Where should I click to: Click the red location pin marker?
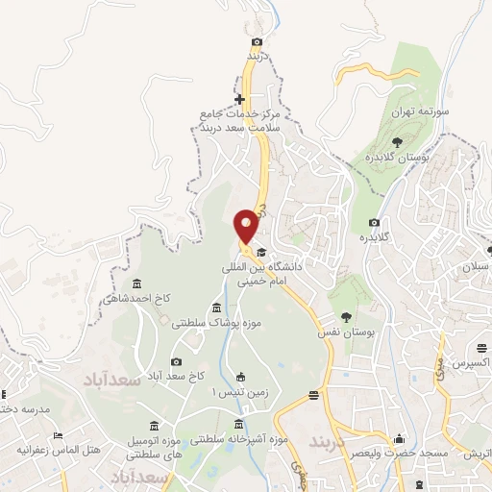247,225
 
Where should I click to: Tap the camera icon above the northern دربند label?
257,41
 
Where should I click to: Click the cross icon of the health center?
239,99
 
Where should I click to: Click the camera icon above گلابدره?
374,223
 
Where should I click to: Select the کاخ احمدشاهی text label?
137,299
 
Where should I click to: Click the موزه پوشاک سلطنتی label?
217,324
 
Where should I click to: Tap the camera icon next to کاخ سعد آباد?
176,361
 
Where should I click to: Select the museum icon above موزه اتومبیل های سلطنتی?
153,426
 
